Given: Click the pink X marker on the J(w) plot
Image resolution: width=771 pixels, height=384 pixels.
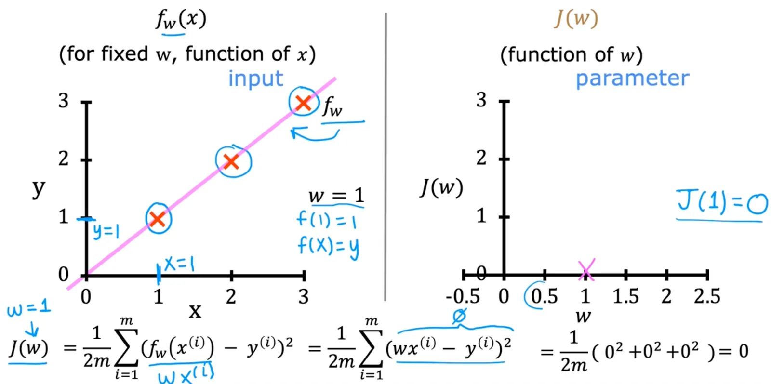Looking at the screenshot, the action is tap(586, 270).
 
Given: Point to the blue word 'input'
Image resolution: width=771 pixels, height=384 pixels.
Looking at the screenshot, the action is tap(256, 79).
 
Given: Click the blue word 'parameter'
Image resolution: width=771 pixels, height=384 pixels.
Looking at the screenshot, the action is tap(633, 79).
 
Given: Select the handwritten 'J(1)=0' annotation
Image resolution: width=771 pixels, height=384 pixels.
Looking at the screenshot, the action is tap(722, 202).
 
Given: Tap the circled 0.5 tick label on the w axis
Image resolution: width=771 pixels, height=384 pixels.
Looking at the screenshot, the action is tap(544, 296).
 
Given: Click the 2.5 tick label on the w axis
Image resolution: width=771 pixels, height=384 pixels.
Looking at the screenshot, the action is tap(706, 296).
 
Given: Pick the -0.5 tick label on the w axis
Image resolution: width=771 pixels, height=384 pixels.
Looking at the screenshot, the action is tap(463, 296).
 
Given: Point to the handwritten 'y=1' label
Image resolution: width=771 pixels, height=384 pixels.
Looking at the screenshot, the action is tap(106, 231).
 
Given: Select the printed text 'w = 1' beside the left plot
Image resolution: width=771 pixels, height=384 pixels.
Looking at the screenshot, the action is tap(336, 196).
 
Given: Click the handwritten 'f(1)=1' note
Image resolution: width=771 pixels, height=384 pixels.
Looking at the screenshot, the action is tap(326, 221).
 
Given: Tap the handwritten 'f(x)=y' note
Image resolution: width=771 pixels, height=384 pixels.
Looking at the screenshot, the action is tap(328, 247).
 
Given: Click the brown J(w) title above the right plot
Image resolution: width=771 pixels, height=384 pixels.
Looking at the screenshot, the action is tap(576, 18).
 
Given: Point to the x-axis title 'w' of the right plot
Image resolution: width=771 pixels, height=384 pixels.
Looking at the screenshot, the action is tap(583, 316).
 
